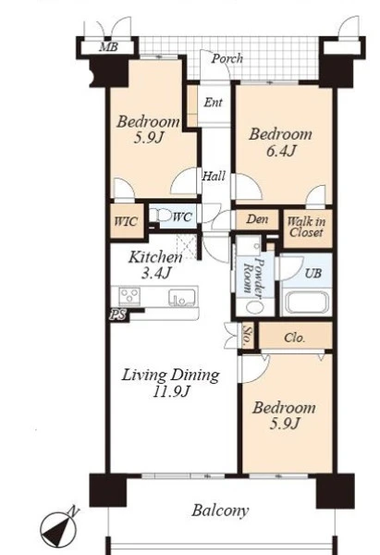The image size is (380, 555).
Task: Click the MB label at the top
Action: click(108, 47)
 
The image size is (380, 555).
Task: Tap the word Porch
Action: click(227, 58)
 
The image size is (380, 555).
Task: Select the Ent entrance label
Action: click(213, 103)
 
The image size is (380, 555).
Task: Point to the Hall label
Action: click(214, 176)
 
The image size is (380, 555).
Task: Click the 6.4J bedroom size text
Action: click(281, 151)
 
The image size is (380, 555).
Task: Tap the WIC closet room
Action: click(127, 221)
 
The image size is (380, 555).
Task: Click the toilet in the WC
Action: click(159, 215)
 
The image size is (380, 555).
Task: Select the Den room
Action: click(257, 219)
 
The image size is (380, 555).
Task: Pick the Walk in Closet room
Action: click(308, 228)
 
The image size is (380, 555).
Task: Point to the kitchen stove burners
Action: click(129, 296)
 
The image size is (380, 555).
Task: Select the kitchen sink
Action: click(182, 297)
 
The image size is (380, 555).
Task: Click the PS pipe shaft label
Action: click(117, 314)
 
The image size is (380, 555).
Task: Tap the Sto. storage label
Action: click(247, 335)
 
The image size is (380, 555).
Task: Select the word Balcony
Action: click(220, 511)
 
